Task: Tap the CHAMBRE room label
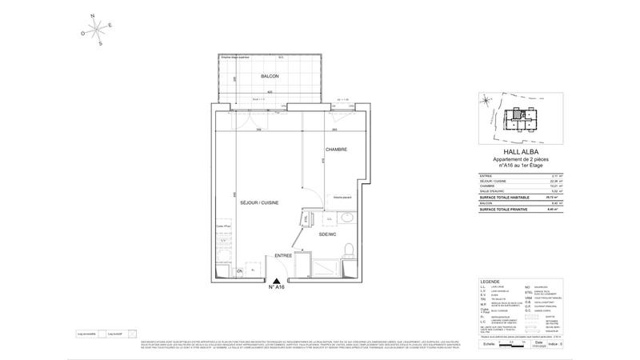click(335, 150)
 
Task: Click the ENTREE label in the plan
click(283, 255)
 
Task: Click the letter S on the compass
click(100, 44)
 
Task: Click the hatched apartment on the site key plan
click(522, 114)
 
